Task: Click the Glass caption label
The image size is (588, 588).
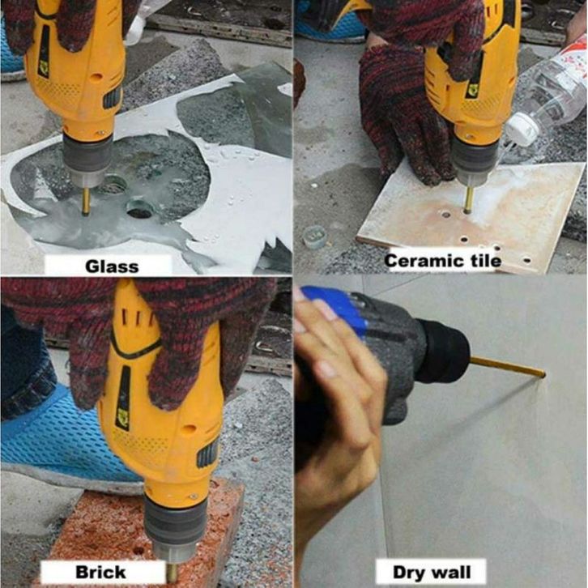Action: point(112,266)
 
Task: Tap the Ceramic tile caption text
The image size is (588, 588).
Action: point(443,261)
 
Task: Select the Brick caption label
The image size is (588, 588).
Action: point(100,573)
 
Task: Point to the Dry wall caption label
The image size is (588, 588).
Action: point(431,573)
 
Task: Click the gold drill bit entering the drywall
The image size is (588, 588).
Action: point(507,367)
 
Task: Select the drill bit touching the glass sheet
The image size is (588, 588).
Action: point(86,201)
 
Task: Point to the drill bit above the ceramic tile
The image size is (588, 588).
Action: point(469,199)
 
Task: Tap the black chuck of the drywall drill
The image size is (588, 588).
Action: point(442,350)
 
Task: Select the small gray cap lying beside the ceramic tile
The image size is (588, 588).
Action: point(314,236)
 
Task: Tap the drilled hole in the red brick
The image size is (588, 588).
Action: point(138,551)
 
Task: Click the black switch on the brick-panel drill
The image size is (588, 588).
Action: point(207,452)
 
